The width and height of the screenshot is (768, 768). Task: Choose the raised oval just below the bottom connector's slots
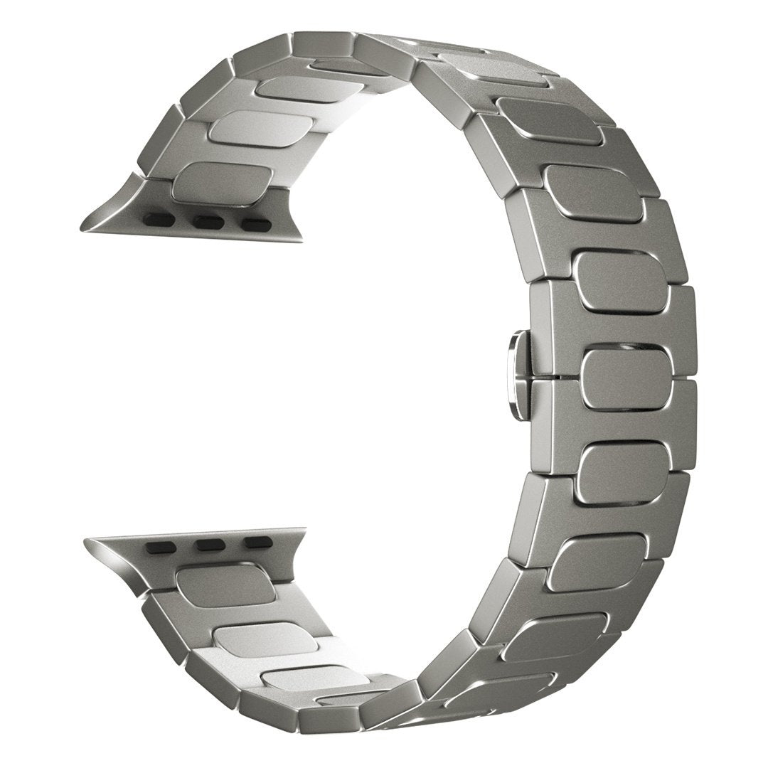225,586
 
